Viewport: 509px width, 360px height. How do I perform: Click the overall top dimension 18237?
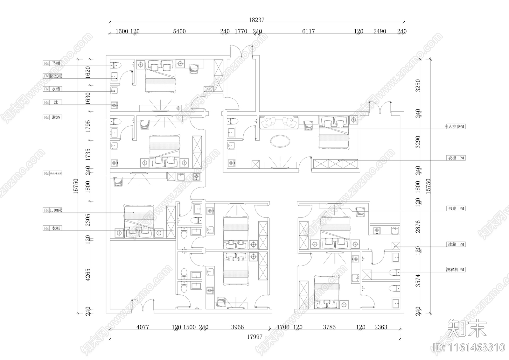(256, 20)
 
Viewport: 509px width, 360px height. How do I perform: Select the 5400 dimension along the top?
(179, 31)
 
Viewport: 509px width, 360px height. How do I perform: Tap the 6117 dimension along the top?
(308, 31)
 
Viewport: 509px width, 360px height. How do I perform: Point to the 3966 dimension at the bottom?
(237, 327)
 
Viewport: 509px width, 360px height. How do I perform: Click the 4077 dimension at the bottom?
(142, 327)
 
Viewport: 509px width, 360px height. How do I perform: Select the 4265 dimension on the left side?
(88, 275)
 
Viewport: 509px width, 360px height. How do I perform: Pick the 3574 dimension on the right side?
(418, 280)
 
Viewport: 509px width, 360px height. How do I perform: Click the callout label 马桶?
(56, 63)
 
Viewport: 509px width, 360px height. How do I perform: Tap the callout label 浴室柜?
(56, 76)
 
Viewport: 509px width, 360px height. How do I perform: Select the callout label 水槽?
(56, 89)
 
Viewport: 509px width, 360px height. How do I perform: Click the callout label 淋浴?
(56, 117)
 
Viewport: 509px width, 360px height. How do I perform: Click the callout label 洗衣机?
(452, 270)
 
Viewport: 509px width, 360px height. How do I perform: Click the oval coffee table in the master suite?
(280, 141)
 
